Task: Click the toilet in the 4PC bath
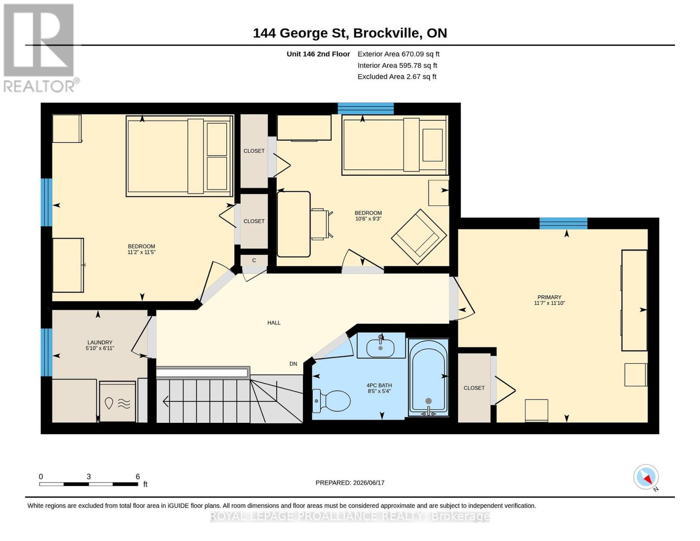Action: coord(331,401)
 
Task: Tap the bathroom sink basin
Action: coord(380,348)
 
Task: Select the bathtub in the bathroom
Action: coord(428,377)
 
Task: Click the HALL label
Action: coord(274,322)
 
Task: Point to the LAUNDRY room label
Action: coord(100,342)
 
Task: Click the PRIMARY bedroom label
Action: coord(549,297)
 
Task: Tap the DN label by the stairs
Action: coord(293,364)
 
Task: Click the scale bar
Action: coord(89,484)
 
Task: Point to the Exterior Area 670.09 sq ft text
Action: coord(398,54)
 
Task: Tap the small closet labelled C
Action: coord(254,260)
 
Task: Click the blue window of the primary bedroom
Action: coord(563,223)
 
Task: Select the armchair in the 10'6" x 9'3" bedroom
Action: coord(419,237)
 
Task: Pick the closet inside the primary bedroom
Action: coord(474,388)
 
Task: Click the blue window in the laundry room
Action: coord(46,352)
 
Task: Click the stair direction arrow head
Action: coord(165,402)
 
